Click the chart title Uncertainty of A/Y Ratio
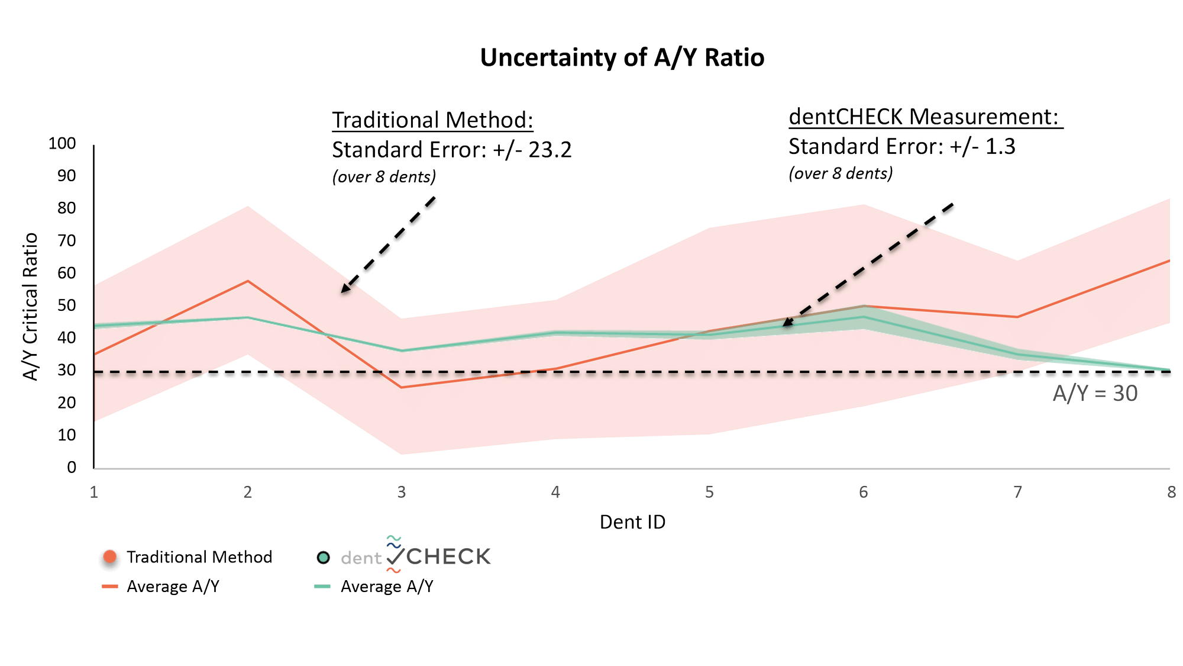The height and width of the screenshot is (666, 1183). click(x=622, y=58)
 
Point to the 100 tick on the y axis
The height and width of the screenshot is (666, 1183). click(x=63, y=144)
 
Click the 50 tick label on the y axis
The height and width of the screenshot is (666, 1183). click(x=67, y=305)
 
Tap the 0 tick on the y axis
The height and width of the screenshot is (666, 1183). click(x=72, y=467)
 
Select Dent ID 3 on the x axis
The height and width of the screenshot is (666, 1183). click(x=402, y=492)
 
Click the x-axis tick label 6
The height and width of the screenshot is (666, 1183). click(x=863, y=492)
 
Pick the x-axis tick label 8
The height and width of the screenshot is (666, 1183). click(x=1171, y=492)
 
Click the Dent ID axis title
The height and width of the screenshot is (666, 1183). click(x=632, y=522)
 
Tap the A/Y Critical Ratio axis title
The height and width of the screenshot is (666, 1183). click(x=31, y=306)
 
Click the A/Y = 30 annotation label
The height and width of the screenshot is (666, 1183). click(x=1095, y=394)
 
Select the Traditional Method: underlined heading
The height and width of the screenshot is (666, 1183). click(x=432, y=120)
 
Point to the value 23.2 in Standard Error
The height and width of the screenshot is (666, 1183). click(x=550, y=150)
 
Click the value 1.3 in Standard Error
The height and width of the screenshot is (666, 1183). click(x=1000, y=147)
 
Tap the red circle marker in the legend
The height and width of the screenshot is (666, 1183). click(x=110, y=558)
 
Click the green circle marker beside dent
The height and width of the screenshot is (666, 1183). click(x=323, y=557)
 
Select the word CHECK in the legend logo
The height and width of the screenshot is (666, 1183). click(x=448, y=556)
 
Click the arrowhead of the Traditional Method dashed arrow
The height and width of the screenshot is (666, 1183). click(x=344, y=290)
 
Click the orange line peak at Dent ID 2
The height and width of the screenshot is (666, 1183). click(x=248, y=281)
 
